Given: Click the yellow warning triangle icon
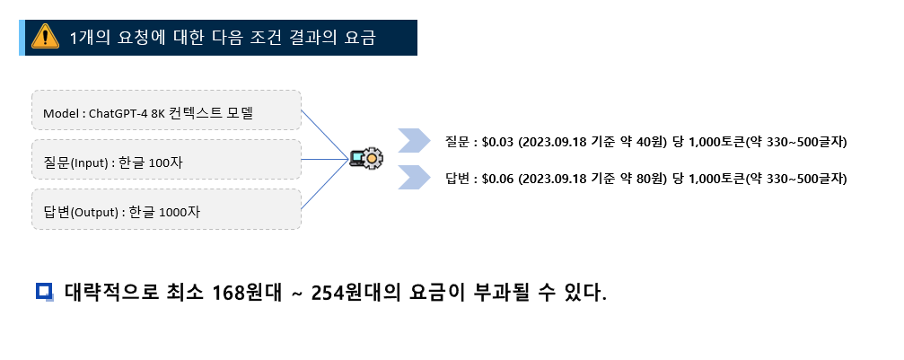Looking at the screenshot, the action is pos(43,37).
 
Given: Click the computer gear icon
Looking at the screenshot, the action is pos(366,159).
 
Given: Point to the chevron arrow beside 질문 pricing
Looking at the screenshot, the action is pos(414,142).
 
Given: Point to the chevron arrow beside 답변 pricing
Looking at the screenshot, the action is pos(414,177).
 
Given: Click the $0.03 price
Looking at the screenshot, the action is pos(497,142).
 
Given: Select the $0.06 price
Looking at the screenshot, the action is pos(497,178).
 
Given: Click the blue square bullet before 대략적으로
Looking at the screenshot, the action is pos(44,291).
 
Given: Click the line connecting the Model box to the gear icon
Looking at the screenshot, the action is pos(324,135).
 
